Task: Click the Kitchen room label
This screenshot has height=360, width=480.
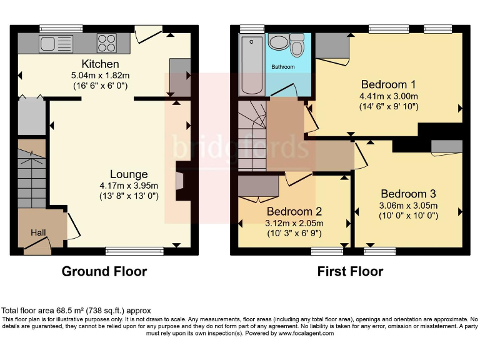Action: tap(100, 64)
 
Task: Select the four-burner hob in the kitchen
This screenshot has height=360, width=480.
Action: tap(106, 43)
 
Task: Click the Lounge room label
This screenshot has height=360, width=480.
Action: tap(129, 174)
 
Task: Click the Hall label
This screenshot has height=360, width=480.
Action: tap(39, 233)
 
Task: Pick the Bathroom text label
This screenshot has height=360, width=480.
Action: tap(282, 66)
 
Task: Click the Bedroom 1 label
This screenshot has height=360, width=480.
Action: tap(388, 84)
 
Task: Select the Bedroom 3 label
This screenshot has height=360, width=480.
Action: tap(408, 194)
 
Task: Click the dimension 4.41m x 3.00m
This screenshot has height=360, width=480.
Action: tap(388, 96)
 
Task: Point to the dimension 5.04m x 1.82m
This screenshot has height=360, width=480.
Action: tap(100, 76)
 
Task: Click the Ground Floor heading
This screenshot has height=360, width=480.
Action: tap(104, 271)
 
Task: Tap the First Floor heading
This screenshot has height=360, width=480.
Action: tap(350, 271)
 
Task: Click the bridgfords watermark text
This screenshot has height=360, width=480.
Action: tap(241, 149)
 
